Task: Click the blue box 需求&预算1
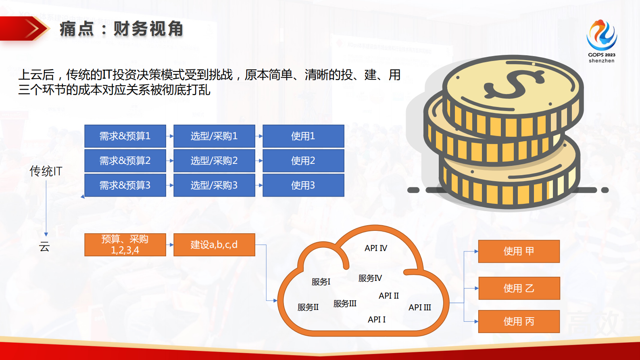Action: coord(125,136)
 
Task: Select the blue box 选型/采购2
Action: coord(214,161)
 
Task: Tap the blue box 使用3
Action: coord(303,185)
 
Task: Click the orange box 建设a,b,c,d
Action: coord(214,245)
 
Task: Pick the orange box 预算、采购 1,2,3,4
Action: coord(125,245)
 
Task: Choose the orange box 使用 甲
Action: coord(519,251)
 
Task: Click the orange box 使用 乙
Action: coord(519,288)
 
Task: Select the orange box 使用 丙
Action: coord(519,321)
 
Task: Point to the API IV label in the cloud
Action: coord(375,248)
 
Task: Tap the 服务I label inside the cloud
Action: coord(321,282)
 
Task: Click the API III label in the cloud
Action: coord(419,308)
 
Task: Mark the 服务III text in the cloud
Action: coord(345,303)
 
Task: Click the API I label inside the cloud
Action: coord(376,320)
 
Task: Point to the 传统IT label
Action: coord(46,171)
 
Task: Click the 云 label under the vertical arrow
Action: coord(44,247)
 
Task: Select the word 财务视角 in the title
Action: coord(148,29)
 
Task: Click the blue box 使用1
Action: coord(303,136)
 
